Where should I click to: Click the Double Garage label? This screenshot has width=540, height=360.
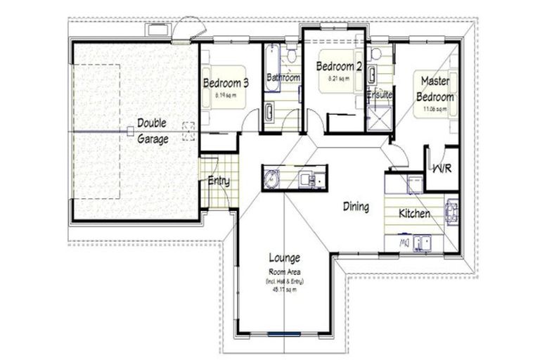152,131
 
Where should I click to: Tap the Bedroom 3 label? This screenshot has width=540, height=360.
226,83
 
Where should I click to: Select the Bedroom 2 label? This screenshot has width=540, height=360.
338,67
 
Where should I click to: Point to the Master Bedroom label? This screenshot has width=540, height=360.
435,89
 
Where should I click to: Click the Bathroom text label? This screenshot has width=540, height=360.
283,77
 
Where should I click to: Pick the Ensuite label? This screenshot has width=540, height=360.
379,94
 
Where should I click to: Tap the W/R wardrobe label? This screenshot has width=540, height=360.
442,169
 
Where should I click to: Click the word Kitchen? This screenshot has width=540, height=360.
415,213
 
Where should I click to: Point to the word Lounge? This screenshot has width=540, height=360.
284,257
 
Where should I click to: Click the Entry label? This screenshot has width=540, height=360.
219,181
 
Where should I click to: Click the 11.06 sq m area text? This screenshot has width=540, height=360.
435,110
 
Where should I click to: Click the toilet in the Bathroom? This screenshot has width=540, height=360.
269,111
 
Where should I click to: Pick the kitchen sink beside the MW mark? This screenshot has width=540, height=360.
424,243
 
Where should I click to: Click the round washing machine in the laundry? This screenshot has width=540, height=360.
271,180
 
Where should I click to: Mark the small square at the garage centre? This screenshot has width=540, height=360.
130,131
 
